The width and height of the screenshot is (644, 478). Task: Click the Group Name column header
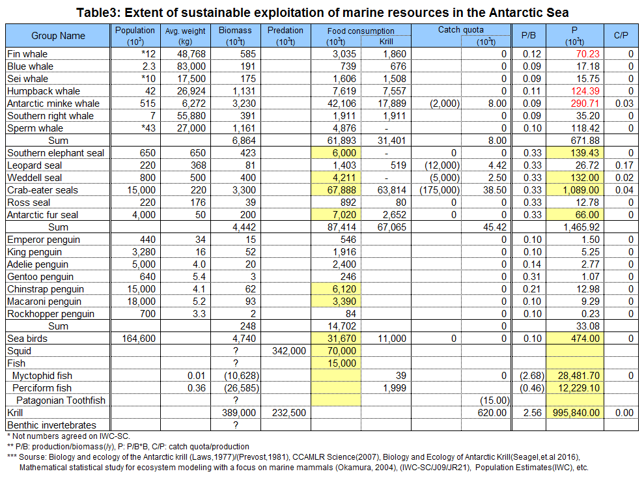click(x=58, y=36)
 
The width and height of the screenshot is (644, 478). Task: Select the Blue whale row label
click(x=30, y=66)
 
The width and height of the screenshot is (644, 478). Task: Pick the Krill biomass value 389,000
click(x=238, y=413)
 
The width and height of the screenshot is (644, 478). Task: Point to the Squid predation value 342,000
click(x=288, y=351)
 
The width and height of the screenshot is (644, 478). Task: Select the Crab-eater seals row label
click(x=42, y=190)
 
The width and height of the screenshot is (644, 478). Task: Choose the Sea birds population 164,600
click(x=139, y=339)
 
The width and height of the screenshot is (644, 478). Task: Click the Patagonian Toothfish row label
click(x=61, y=401)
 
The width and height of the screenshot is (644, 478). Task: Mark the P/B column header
click(x=529, y=36)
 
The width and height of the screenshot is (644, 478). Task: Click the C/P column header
click(x=621, y=36)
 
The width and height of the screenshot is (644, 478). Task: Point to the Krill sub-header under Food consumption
click(x=386, y=42)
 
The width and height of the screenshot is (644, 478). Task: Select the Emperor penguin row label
click(x=44, y=240)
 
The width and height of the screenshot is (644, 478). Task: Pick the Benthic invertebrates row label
click(x=51, y=425)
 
